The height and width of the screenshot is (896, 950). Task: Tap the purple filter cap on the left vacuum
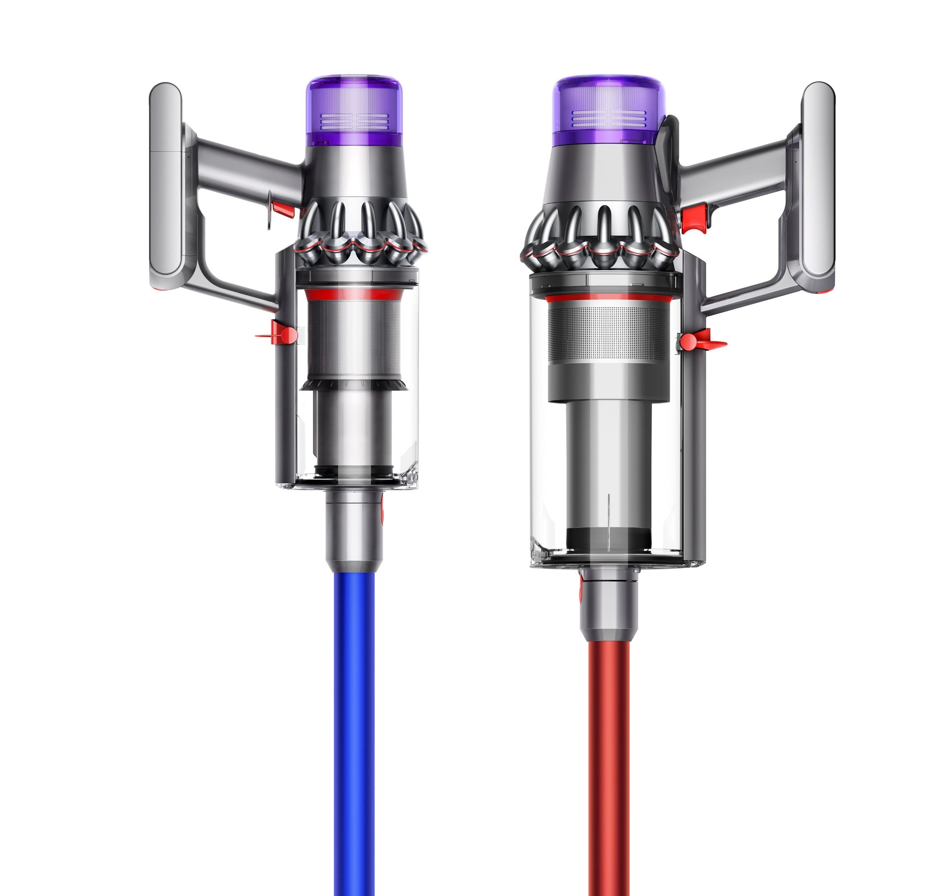pos(353,110)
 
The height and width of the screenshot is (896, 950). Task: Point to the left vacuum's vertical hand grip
pos(165,186)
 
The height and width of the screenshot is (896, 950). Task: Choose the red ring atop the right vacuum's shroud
pos(607,299)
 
